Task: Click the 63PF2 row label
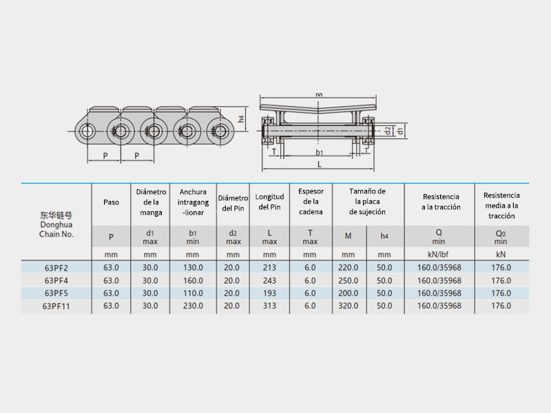point(56,268)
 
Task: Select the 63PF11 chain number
point(56,306)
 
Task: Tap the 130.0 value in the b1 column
point(193,268)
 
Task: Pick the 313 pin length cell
point(269,306)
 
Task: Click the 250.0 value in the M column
point(349,281)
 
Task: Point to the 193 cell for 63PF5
point(269,293)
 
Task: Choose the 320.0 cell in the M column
point(349,306)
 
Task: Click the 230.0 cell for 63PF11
point(193,306)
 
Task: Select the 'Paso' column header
point(111,202)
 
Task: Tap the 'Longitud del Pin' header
point(269,202)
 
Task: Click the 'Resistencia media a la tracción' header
point(501,205)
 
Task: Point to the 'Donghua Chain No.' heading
point(56,229)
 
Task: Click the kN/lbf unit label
point(439,255)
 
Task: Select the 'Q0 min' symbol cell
point(501,237)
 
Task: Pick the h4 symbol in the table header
point(384,236)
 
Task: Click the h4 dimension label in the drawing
point(241,119)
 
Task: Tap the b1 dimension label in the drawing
point(319,152)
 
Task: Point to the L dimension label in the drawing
point(319,165)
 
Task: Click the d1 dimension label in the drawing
point(399,131)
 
